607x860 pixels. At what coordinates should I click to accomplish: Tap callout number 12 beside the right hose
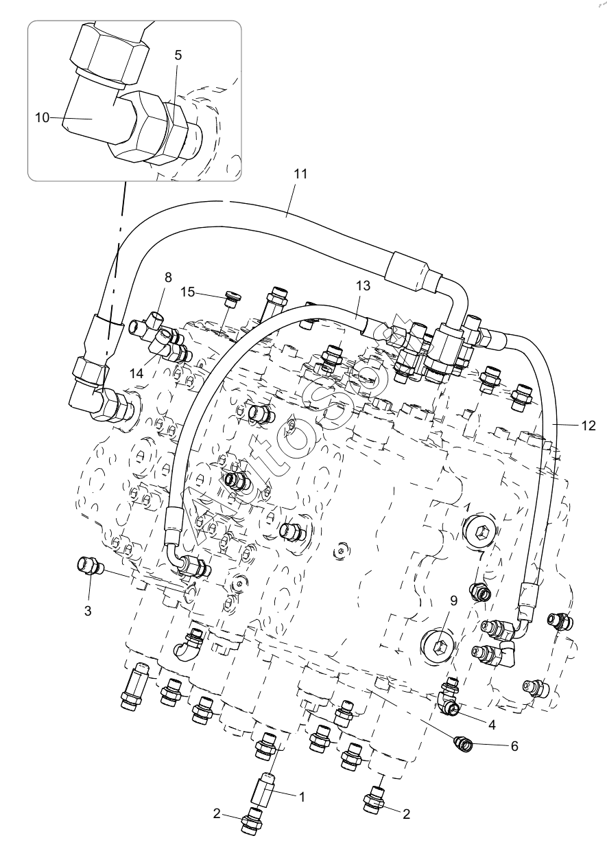588,426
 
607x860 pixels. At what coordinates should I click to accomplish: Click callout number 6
514,745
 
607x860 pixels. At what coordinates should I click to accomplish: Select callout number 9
453,601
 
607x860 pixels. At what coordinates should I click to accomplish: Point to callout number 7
481,555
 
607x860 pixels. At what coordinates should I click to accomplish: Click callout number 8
168,278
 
